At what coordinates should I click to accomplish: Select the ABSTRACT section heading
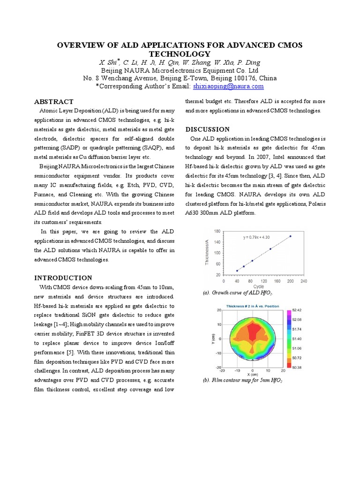coord(54,102)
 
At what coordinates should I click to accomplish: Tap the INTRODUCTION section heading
coord(63,278)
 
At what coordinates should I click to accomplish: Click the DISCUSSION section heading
coord(208,129)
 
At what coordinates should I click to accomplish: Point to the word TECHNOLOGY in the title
coord(180,54)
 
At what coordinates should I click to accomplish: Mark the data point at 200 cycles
coord(290,236)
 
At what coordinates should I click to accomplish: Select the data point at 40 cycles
coord(237,270)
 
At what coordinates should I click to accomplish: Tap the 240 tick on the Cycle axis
coord(304,281)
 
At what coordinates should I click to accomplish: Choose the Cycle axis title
coord(258,286)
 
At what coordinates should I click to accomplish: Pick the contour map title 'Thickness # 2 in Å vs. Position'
coord(252,306)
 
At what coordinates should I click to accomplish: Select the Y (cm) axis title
coord(206,338)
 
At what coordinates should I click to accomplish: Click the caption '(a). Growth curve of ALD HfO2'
coord(237,293)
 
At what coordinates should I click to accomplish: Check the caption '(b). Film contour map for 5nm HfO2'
coord(242,381)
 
